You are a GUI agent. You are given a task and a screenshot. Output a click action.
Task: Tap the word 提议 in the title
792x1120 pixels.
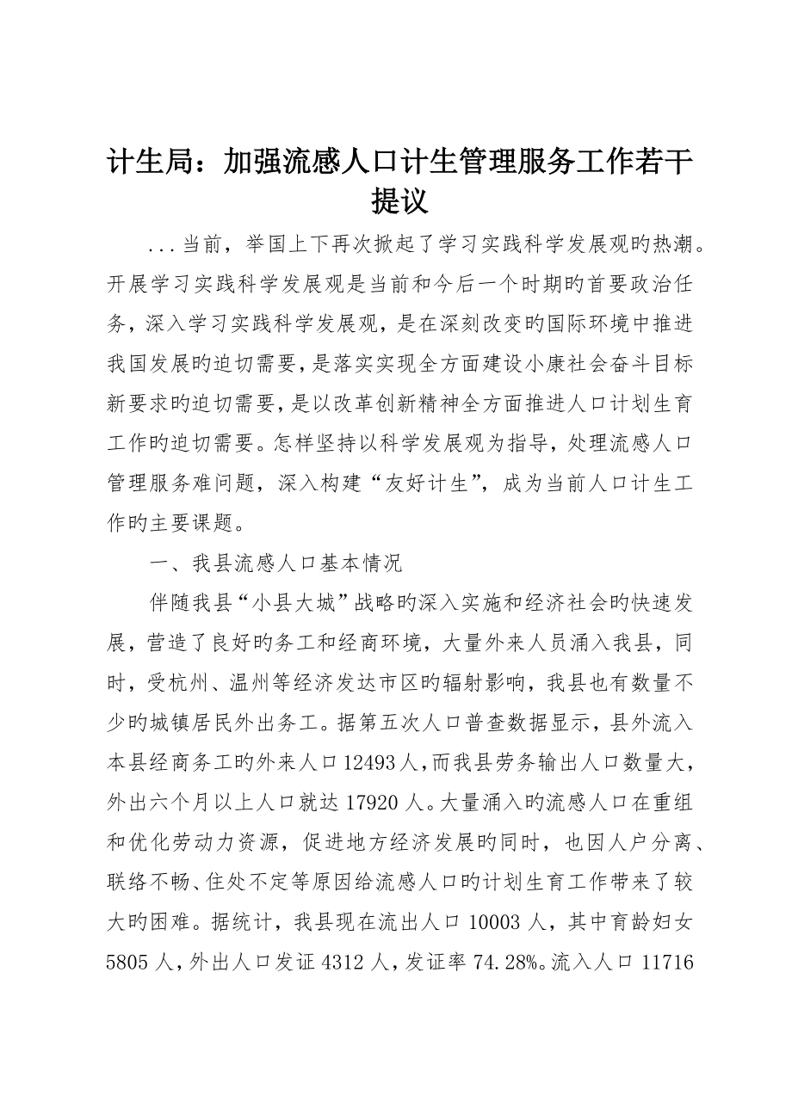tap(395, 202)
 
